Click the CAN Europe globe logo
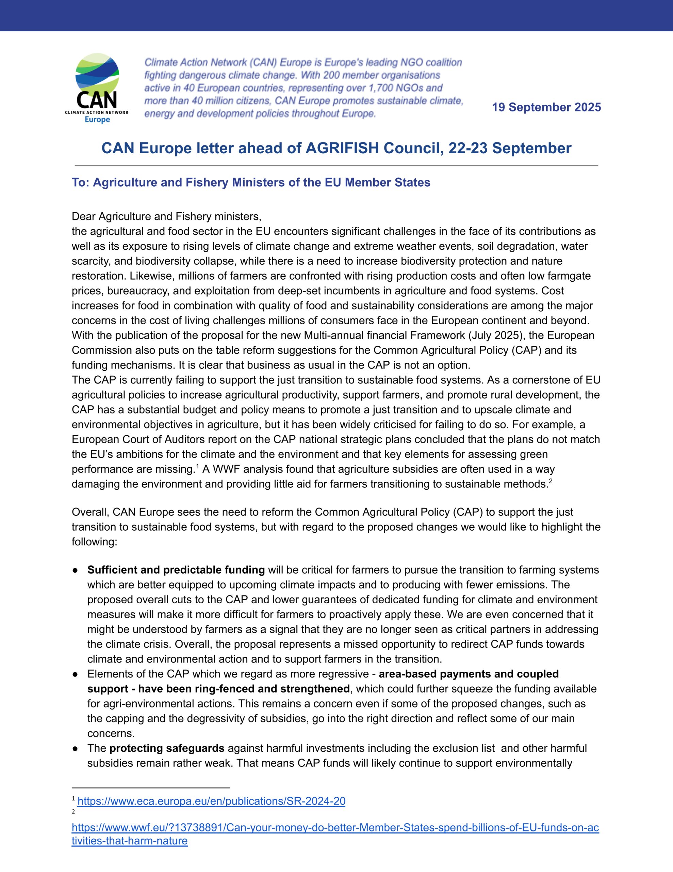click(97, 74)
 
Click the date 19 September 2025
click(546, 107)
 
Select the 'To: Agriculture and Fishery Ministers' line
click(251, 183)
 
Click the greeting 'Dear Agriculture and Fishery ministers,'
click(166, 216)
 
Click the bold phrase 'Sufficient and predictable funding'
click(176, 570)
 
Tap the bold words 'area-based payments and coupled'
click(469, 674)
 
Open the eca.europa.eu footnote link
click(211, 801)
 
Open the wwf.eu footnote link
click(335, 828)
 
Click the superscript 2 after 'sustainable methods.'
click(551, 480)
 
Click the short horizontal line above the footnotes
click(151, 788)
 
